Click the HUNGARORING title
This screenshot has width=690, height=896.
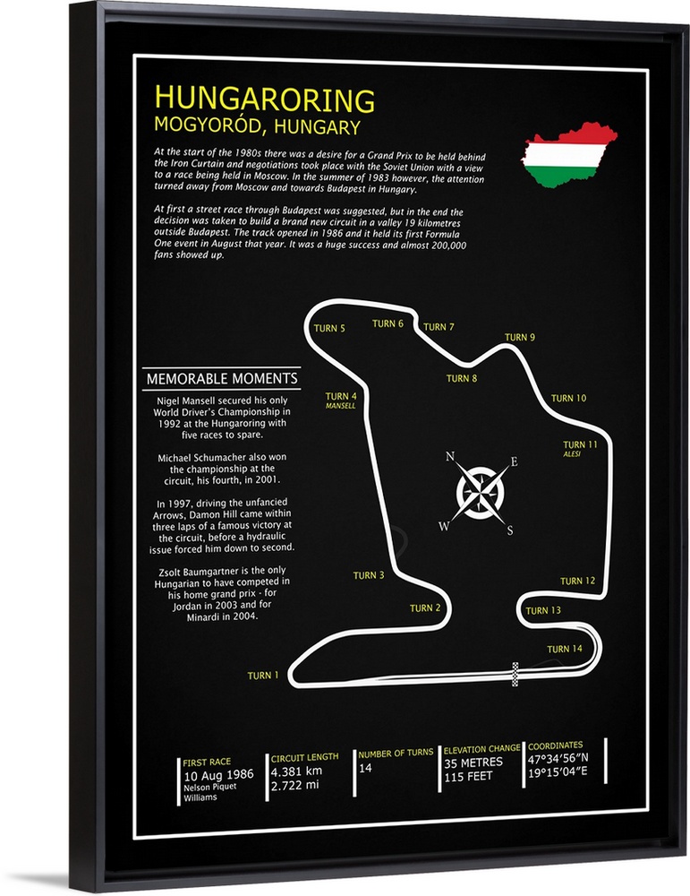click(x=265, y=99)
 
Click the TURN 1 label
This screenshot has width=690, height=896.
click(x=264, y=676)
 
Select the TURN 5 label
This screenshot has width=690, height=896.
click(x=329, y=329)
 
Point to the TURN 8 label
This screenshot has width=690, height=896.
click(x=462, y=378)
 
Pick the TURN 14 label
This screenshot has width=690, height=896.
click(x=565, y=649)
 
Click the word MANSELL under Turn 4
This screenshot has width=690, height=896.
click(x=341, y=406)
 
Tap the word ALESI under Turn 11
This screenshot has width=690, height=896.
click(x=573, y=454)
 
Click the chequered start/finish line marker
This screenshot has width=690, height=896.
click(x=515, y=673)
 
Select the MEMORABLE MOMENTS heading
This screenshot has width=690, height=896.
click(x=222, y=379)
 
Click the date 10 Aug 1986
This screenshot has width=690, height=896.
click(x=218, y=774)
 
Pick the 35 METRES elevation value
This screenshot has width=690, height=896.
click(x=473, y=762)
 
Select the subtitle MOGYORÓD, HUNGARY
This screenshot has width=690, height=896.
click(x=257, y=126)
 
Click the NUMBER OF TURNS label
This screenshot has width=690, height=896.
click(x=396, y=753)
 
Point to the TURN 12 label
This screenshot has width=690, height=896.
click(x=577, y=581)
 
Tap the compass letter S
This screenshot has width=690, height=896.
click(x=509, y=530)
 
